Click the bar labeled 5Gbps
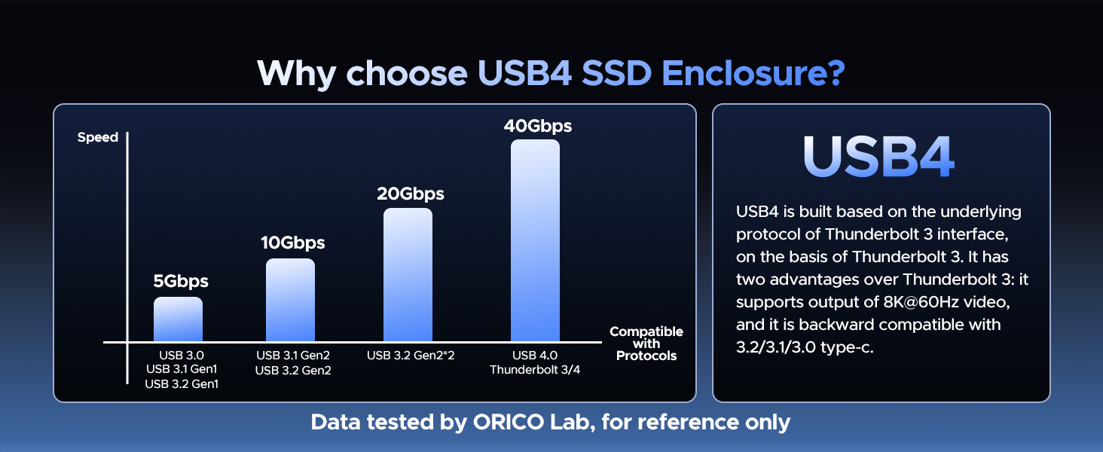(178, 319)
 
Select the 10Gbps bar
(290, 300)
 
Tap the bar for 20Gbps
(408, 275)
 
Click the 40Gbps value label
(537, 126)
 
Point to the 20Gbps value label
(410, 194)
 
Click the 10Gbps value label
(292, 243)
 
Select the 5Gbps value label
(181, 282)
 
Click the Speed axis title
(98, 137)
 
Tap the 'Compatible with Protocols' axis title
(646, 344)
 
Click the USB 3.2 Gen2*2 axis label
(411, 356)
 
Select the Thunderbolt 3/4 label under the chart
(535, 370)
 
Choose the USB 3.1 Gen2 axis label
(293, 356)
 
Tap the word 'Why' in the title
(297, 73)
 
